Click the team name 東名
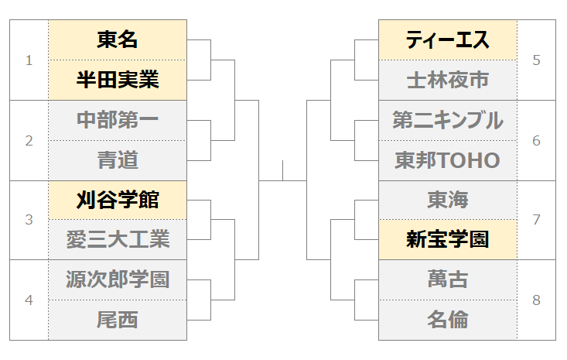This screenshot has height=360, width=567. [118, 39]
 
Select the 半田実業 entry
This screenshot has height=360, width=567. [118, 80]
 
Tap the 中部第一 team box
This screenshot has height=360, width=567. [118, 121]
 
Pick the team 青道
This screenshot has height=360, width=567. [118, 160]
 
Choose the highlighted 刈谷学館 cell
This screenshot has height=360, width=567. [118, 200]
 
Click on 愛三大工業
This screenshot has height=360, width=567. [118, 239]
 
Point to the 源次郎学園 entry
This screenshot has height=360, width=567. [118, 279]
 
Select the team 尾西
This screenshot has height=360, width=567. [118, 321]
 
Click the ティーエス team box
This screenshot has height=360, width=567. [448, 39]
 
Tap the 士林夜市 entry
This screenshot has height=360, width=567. [448, 80]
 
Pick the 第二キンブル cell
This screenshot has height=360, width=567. [448, 121]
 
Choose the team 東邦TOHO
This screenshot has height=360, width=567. [448, 160]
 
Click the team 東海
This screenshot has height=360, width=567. [448, 200]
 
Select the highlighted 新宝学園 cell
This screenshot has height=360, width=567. [448, 239]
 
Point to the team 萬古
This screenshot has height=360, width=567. [448, 279]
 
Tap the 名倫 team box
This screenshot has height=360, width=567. [448, 321]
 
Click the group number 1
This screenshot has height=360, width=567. [29, 60]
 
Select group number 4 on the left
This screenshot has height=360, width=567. [29, 300]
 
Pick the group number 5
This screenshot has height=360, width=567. [537, 60]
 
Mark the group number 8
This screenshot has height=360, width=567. [537, 300]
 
